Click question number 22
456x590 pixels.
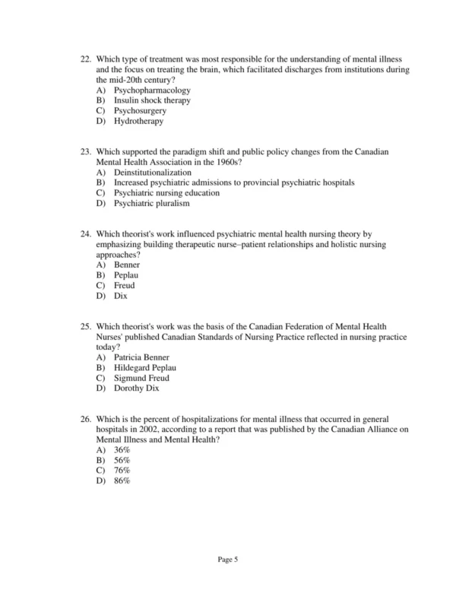coord(85,59)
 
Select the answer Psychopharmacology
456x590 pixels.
coord(152,90)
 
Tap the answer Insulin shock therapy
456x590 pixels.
coord(152,100)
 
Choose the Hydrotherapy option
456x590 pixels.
coord(138,121)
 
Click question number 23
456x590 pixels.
coord(85,152)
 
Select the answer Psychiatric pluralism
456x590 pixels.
coord(151,203)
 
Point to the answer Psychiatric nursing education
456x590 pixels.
coord(166,193)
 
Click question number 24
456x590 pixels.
coord(85,234)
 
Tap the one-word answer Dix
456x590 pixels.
coord(120,296)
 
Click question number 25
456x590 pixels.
coord(85,327)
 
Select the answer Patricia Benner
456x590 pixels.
coord(141,357)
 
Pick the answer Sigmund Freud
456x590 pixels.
coord(141,378)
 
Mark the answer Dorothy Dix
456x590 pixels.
coord(137,389)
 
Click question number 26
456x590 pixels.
coord(85,419)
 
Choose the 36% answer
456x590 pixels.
coord(122,450)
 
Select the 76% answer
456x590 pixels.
coord(122,471)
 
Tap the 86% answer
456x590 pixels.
coord(122,481)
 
